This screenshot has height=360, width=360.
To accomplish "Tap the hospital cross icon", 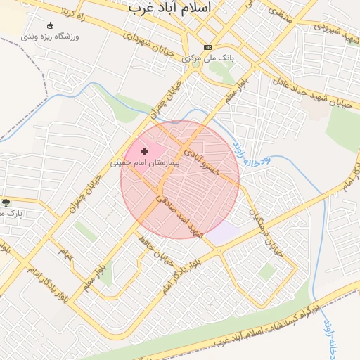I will pyautogui.click(x=145, y=151).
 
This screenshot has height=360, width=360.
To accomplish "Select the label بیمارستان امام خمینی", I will pyautogui.click(x=146, y=162).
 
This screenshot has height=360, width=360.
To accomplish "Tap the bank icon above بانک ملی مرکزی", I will pyautogui.click(x=207, y=47).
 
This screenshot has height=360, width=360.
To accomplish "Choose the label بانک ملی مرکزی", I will pyautogui.click(x=207, y=58).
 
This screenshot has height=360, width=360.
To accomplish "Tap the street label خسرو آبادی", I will pyautogui.click(x=204, y=162).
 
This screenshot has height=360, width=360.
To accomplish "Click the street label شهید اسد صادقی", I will pyautogui.click(x=177, y=215).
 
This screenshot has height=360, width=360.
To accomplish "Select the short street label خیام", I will pyautogui.click(x=65, y=252).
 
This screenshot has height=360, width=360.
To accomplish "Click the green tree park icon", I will pyautogui.click(x=6, y=202).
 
